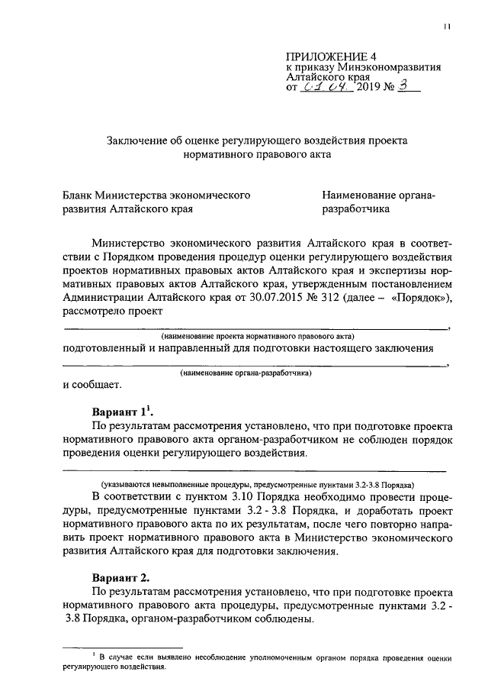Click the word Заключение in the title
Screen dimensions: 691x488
pos(134,141)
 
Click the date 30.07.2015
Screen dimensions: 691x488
pos(274,297)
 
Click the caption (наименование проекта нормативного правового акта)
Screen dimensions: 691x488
pos(257,336)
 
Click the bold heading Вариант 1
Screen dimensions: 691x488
pos(122,408)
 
